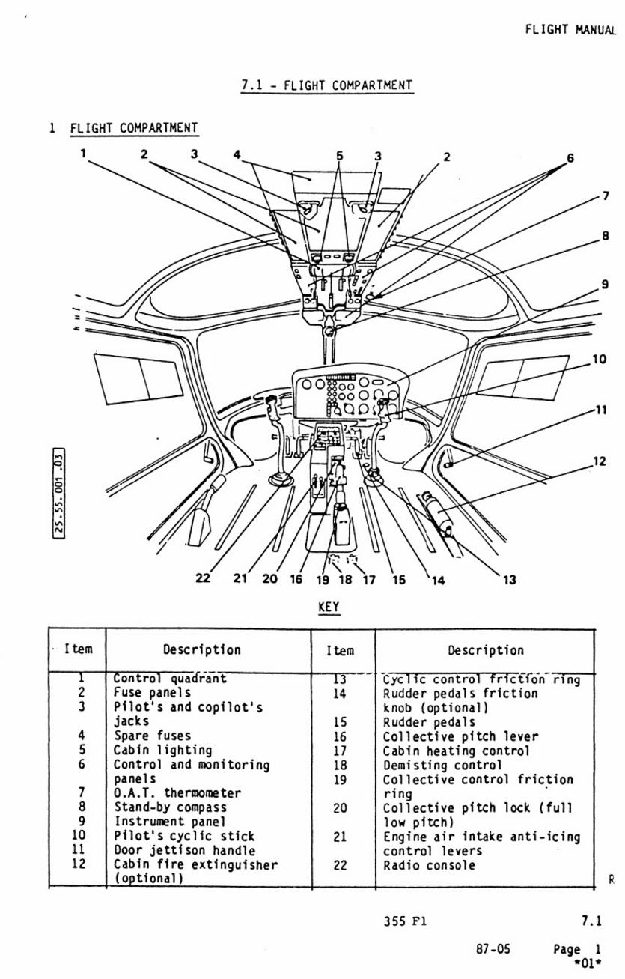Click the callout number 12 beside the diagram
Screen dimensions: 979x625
coord(600,461)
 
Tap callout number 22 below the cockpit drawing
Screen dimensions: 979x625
coord(203,578)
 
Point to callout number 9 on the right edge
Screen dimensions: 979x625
coord(605,285)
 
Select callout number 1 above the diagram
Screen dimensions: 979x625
coord(83,154)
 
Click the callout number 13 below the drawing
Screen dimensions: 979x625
coord(509,579)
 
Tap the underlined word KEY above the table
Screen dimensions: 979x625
coord(329,607)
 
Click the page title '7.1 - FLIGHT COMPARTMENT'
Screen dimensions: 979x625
coord(327,85)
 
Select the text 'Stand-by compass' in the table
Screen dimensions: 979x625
coord(170,807)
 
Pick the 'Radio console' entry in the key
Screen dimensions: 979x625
coord(429,865)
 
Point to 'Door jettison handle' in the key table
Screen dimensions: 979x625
coord(184,850)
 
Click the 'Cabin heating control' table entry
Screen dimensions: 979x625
coord(456,751)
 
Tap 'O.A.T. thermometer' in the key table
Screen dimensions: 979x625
coord(177,792)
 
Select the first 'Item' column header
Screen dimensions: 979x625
coord(78,649)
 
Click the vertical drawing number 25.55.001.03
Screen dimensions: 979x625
coord(59,493)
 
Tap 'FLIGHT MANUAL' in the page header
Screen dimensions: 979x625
coord(570,30)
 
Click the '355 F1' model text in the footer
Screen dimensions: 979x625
coord(405,921)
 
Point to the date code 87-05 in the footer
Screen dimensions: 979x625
coord(493,949)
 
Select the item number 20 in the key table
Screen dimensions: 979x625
coord(341,808)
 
